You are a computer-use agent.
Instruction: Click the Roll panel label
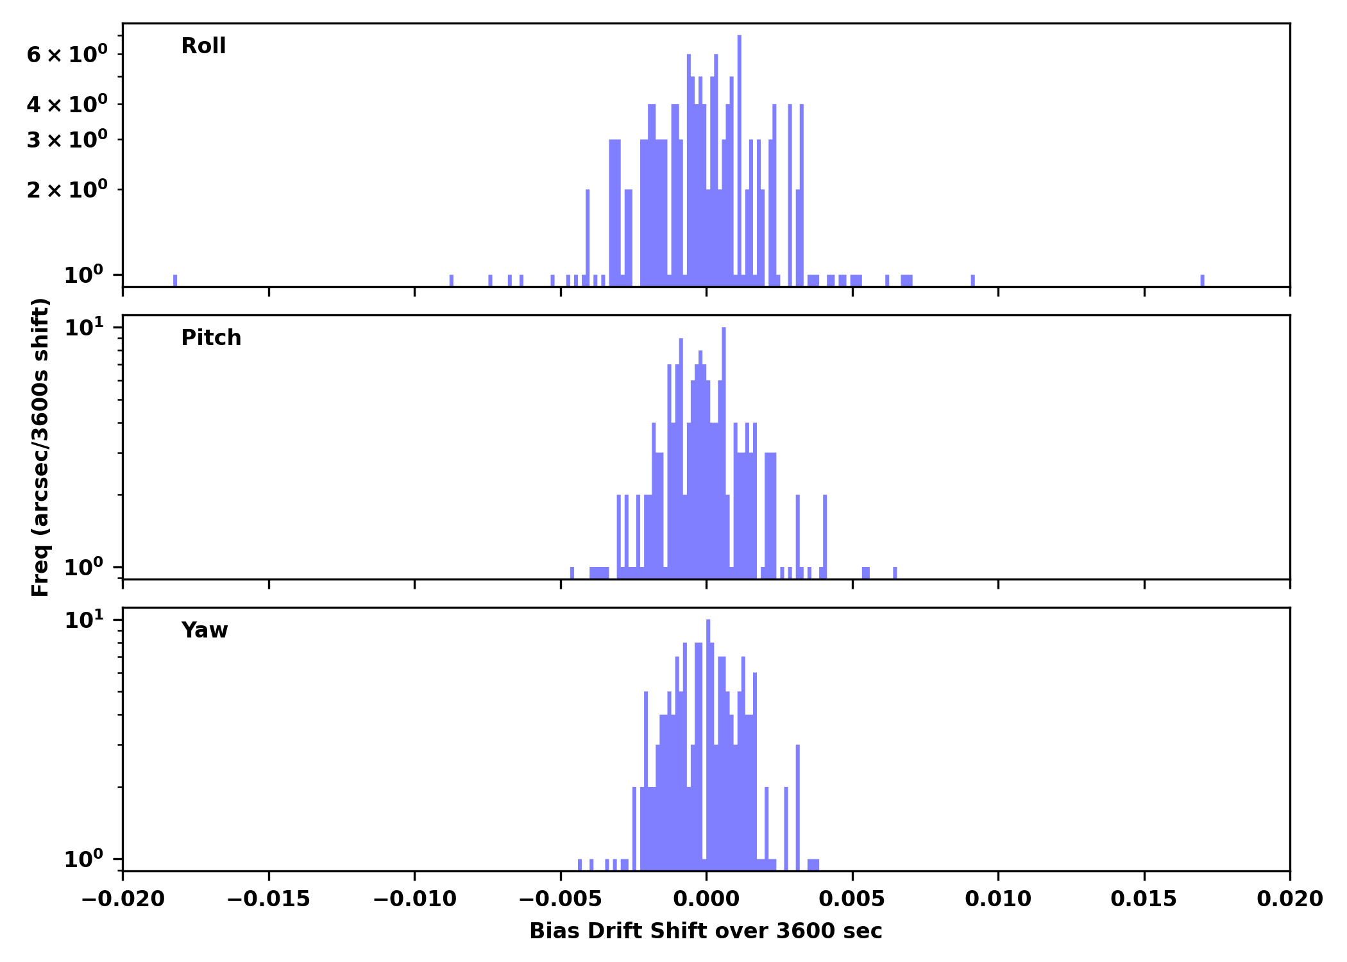click(203, 46)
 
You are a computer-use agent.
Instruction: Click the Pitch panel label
click(211, 338)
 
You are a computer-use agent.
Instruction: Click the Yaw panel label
click(205, 630)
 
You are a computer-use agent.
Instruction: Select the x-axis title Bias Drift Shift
click(706, 931)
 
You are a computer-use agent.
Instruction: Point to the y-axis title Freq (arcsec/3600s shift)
click(40, 447)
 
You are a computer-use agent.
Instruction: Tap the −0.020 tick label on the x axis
click(123, 899)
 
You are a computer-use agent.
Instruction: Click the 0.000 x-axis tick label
click(706, 899)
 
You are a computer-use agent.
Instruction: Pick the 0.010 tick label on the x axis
click(998, 899)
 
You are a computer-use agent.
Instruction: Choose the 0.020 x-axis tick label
click(1289, 899)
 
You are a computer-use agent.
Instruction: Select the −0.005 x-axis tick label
click(560, 899)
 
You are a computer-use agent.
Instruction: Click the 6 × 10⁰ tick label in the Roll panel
click(67, 55)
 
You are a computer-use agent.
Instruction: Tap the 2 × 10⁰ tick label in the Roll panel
click(67, 190)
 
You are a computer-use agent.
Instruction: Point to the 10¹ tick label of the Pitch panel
click(83, 328)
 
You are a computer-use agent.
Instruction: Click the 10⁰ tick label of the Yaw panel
click(83, 859)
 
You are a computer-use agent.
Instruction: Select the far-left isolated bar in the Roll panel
click(175, 280)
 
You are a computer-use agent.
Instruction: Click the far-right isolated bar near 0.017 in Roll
click(1202, 280)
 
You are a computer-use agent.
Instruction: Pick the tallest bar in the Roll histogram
click(740, 160)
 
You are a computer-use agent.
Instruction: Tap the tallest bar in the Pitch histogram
click(724, 449)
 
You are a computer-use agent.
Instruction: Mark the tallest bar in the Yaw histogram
click(708, 738)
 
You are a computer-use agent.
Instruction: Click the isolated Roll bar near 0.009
click(972, 280)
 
